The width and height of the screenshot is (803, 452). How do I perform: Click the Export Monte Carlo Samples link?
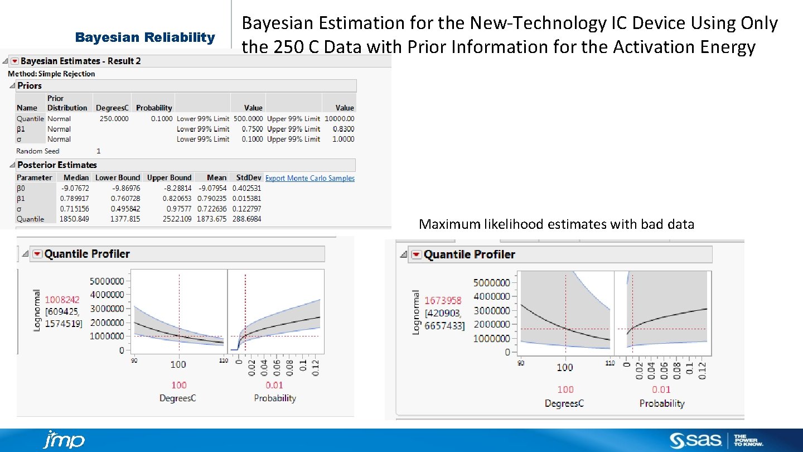[309, 178]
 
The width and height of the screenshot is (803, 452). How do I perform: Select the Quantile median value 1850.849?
[74, 219]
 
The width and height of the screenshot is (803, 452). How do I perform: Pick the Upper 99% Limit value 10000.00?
[339, 118]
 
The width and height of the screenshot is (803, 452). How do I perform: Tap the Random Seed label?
[37, 151]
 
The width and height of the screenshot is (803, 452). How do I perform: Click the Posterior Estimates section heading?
[57, 165]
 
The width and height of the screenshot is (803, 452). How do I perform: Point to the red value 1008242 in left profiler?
[62, 300]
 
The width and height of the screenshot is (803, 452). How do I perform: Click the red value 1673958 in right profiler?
[443, 301]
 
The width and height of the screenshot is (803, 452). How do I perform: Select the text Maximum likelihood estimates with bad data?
[556, 224]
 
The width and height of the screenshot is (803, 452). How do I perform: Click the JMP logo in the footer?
[64, 440]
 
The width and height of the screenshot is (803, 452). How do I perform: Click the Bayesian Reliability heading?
[145, 37]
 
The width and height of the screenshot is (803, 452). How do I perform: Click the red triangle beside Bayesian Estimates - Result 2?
[14, 61]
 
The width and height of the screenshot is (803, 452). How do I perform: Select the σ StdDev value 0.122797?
[246, 209]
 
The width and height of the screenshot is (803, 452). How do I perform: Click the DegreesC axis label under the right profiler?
[564, 403]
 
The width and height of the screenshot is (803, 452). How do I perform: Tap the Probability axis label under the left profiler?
[275, 398]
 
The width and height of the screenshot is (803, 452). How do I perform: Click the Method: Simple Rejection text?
[51, 74]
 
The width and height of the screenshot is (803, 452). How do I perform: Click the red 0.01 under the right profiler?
[661, 390]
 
